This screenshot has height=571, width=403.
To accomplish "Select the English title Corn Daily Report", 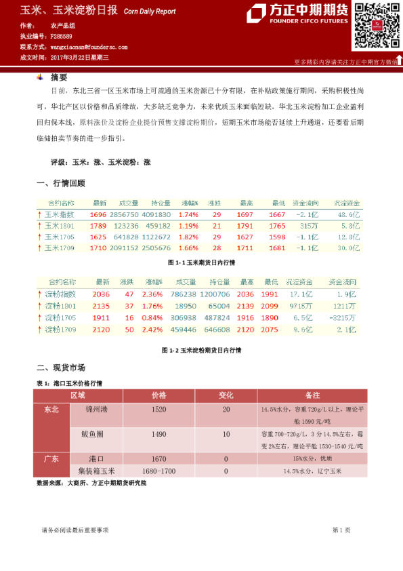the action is (x=150, y=12).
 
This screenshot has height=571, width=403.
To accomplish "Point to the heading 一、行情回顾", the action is (x=60, y=183).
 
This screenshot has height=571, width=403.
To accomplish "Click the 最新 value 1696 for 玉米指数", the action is (x=98, y=214).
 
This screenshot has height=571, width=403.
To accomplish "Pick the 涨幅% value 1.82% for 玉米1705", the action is (x=188, y=237).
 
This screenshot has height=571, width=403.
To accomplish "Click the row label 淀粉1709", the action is (x=61, y=329).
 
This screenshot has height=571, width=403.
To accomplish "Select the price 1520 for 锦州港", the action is (x=159, y=410).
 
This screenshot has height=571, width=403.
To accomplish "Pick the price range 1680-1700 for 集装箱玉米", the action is (x=159, y=471).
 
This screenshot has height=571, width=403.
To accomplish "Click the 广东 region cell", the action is (x=51, y=458).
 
